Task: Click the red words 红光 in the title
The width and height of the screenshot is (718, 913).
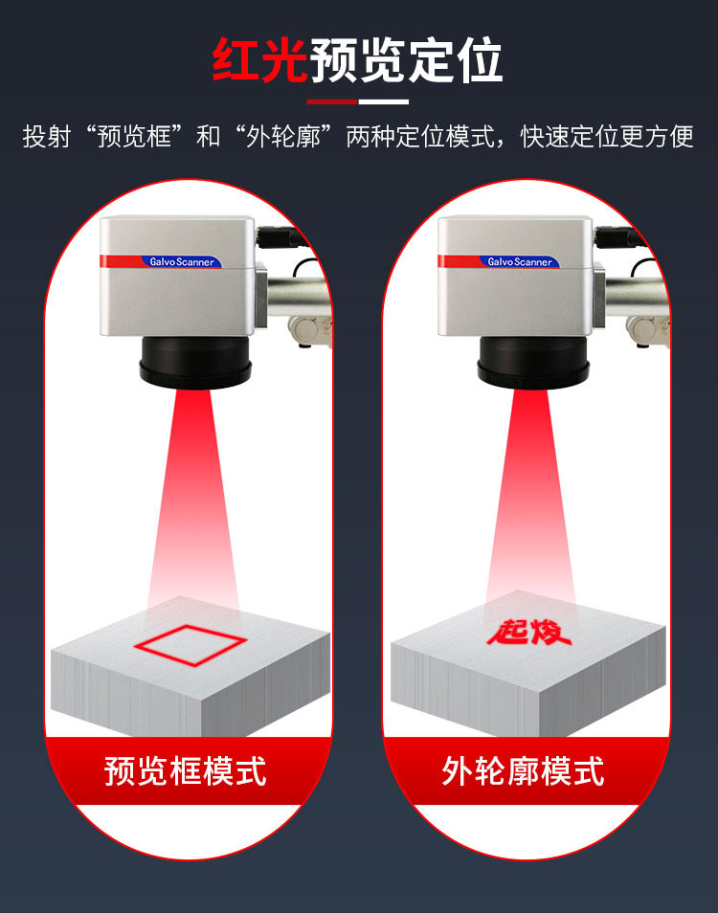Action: coord(259,60)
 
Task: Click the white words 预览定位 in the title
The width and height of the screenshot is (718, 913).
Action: coord(406,60)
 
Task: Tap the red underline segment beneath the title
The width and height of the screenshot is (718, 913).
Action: coord(332,101)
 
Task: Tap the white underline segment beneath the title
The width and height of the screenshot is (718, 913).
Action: coord(383,101)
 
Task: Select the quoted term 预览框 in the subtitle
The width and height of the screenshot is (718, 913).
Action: coord(134,137)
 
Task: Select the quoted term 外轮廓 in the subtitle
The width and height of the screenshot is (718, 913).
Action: coord(283,137)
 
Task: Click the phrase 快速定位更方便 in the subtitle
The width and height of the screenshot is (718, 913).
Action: coord(607,137)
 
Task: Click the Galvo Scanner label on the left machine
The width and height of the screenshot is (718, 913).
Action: coord(182,262)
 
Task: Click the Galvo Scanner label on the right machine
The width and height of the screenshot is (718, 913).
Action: coord(520,262)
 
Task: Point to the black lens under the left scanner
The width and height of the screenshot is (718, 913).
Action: coord(195,363)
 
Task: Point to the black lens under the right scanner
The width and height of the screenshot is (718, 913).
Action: coord(533,363)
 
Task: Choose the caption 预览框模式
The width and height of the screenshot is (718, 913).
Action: coord(185,771)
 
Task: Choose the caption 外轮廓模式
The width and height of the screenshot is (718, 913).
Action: coord(523,771)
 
